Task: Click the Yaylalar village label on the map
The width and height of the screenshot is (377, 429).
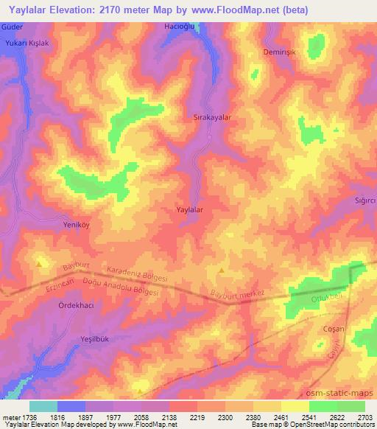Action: coord(190,210)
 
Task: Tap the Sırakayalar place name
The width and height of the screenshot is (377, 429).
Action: coord(212,117)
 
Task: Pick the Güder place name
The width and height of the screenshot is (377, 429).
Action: coord(13,26)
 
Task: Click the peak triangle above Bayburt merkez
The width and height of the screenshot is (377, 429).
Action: coord(222,271)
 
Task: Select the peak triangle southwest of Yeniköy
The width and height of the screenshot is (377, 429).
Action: coord(39,262)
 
